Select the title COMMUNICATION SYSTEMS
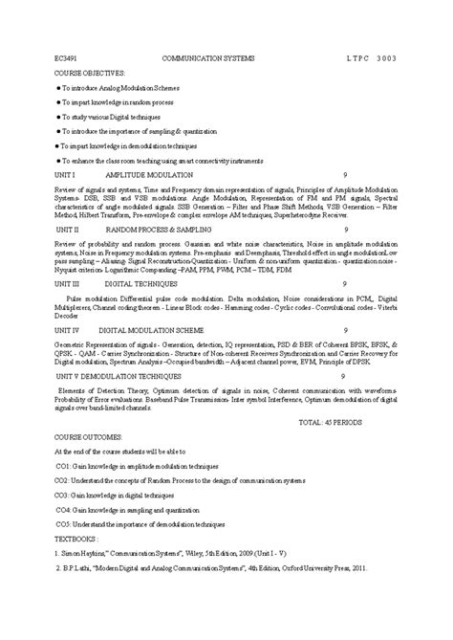click(209, 58)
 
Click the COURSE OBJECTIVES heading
click(90, 72)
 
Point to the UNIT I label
click(65, 176)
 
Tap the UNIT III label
click(68, 284)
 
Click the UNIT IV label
click(68, 328)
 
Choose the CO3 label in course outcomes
click(61, 497)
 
